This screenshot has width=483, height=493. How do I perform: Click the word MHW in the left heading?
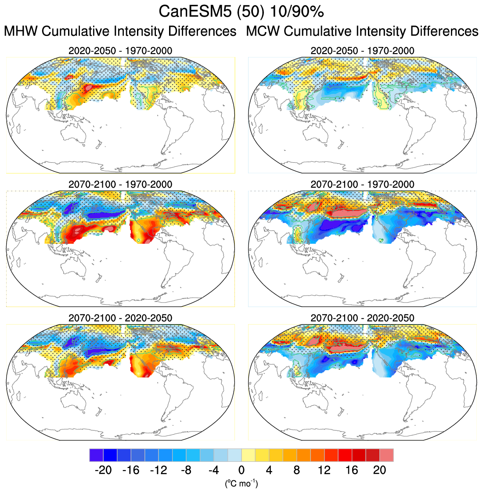pos(21,32)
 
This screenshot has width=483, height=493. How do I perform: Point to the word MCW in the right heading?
pos(263,32)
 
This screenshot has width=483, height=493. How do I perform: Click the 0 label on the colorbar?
pos(241,470)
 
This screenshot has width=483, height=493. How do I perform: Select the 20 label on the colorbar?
pos(380,470)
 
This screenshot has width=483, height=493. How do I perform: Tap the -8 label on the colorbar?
pos(186,470)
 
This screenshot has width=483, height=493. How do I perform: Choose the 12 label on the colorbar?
pos(324,470)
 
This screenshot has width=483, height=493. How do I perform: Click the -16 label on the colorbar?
pos(130,470)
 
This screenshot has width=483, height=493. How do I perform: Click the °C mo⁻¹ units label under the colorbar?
pos(241,483)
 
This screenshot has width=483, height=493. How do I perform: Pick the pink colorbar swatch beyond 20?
pos(387,455)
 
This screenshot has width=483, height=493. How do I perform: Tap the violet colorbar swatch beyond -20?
pos(96,455)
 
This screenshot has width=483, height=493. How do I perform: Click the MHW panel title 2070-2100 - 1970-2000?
pos(120,184)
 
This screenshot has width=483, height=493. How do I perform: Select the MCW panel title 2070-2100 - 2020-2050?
pos(362,318)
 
